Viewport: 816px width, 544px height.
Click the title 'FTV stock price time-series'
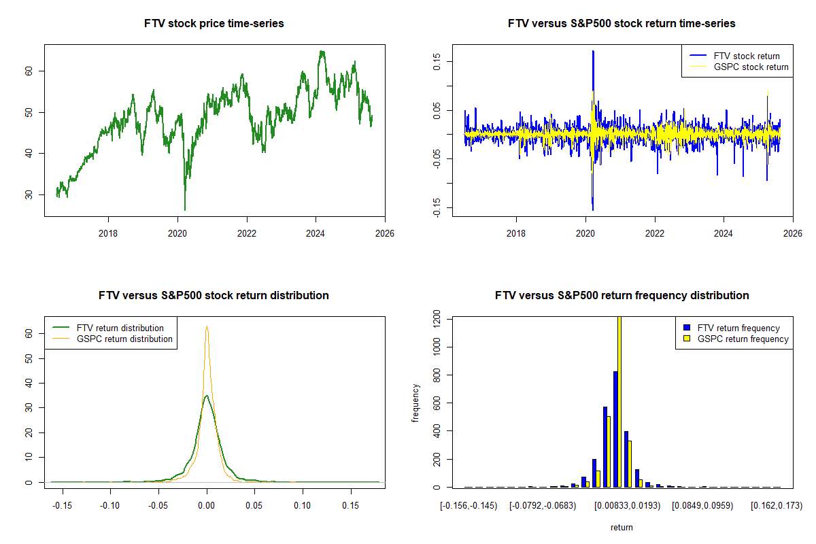click(214, 24)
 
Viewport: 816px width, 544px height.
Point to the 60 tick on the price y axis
click(31, 71)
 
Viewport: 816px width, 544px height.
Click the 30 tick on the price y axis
click(31, 194)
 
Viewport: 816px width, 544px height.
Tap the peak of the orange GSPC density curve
click(207, 326)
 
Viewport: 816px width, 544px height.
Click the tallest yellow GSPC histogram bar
click(619, 401)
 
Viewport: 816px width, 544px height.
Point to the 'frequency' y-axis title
click(415, 402)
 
